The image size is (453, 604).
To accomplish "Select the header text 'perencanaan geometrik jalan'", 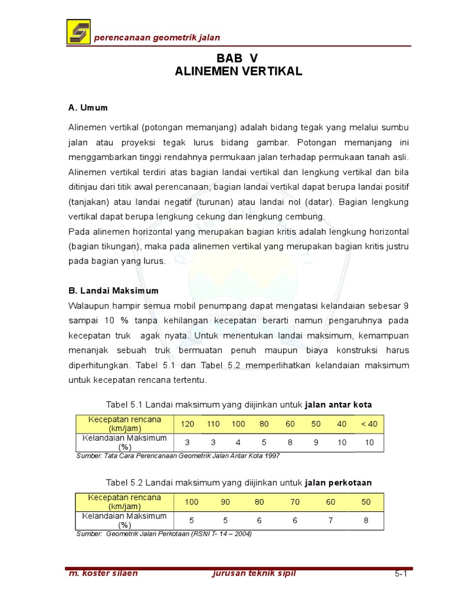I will pos(157,38).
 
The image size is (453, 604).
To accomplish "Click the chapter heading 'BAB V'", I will pos(238,57).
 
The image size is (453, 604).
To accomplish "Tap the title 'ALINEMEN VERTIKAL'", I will pos(238,71).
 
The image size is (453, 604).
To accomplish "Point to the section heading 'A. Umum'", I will pos(88,108).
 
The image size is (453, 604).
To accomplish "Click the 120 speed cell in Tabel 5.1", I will pos(187,424).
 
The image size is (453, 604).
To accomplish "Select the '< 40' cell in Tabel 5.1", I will pos(370,424).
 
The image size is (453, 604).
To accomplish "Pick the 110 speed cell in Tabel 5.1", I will pos(213,424).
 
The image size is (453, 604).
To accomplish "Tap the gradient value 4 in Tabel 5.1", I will pos(238,442).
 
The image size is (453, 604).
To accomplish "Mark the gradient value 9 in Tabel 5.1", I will pos(316,442).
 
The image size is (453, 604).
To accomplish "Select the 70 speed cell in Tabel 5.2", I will pos(296,502).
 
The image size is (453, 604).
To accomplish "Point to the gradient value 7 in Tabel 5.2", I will pos(331,520).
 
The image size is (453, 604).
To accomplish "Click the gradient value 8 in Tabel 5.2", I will pos(366,520).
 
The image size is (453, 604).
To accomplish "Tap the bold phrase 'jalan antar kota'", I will pos(339,404).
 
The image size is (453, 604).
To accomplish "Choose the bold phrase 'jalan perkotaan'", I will pos(339,482).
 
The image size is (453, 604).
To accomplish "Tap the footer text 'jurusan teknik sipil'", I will pos(254,573).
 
